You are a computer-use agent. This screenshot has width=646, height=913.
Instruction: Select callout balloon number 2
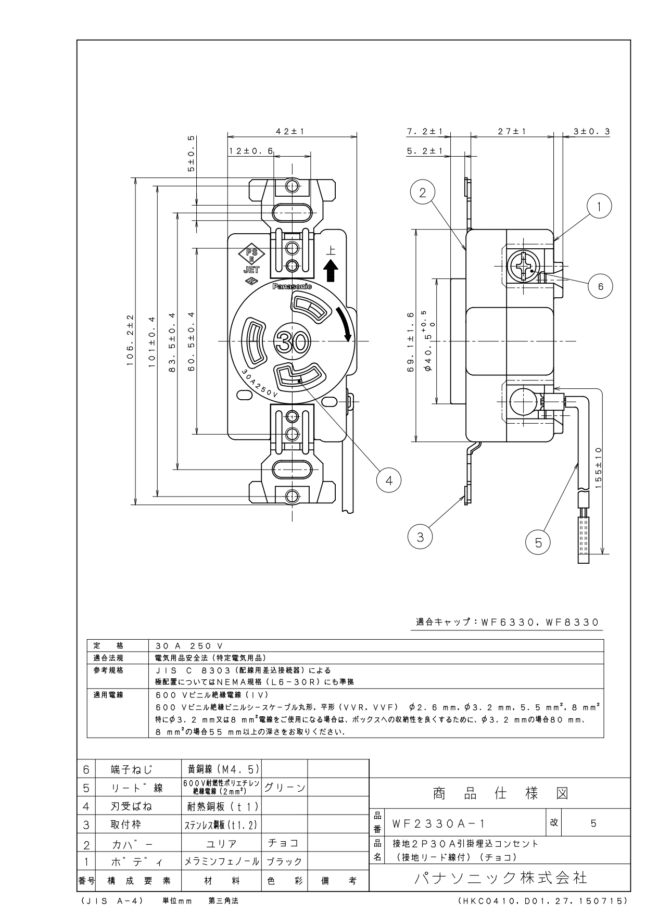coord(423,193)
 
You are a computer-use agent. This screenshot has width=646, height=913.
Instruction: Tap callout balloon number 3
coord(421,536)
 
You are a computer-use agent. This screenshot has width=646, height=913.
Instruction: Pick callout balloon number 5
coord(538,543)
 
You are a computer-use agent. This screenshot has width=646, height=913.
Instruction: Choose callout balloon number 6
coord(600,286)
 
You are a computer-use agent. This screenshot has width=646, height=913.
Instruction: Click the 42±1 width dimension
coord(293,132)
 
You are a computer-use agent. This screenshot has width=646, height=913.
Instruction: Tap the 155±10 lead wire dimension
coord(598,467)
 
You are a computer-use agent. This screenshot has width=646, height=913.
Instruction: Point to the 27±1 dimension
coord(512,132)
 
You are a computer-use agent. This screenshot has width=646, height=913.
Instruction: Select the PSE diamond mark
coord(251,255)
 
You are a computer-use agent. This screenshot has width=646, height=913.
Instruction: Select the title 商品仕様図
coord(500,793)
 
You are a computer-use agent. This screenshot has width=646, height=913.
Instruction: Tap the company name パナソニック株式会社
coord(500,878)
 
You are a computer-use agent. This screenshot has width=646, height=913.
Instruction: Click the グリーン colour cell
coord(285,788)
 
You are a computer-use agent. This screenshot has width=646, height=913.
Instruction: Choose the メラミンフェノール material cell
coord(222,861)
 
